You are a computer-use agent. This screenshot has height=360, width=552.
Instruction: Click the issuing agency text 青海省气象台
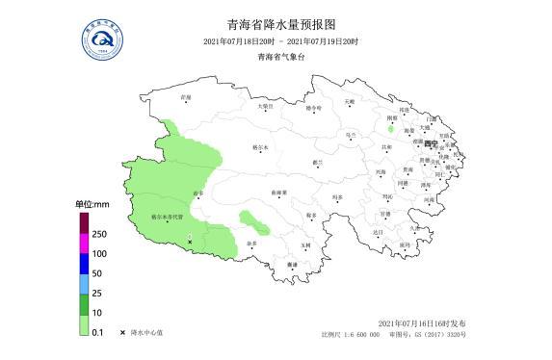pos(280,58)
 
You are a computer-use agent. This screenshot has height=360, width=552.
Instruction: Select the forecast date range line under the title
pos(280,41)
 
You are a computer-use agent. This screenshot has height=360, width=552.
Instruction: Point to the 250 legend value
pos(99,234)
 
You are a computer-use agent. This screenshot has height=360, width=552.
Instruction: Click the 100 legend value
pos(99,253)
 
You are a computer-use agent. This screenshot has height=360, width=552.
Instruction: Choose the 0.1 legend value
pos(97,331)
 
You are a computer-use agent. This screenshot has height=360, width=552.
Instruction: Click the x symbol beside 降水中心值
pos(122,332)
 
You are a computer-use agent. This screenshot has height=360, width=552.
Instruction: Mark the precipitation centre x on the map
pos(190,240)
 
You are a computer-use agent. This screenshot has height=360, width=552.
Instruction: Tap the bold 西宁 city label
pos(430,143)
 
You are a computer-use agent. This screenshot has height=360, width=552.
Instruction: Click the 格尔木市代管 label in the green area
pos(166,219)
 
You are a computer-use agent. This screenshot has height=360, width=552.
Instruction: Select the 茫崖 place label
pos(186,97)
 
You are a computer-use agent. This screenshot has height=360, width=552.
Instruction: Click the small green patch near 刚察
pos(390,128)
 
